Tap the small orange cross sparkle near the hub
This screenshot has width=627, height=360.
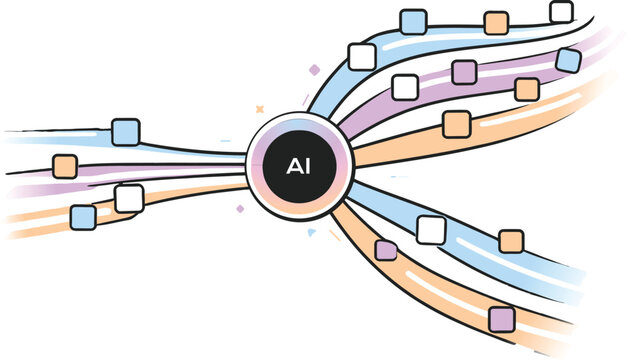[x=259, y=107]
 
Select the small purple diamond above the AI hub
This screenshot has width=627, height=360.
[x=314, y=70]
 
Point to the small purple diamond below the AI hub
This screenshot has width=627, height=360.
[x=240, y=210]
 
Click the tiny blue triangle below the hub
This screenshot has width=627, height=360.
[x=312, y=232]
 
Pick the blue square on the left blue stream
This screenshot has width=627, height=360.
[x=125, y=132]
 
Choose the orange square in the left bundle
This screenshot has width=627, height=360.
[x=65, y=166]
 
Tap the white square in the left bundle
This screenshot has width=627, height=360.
[x=129, y=198]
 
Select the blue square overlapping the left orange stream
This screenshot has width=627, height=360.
[x=83, y=216]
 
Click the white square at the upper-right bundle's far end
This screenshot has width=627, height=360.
[x=562, y=12]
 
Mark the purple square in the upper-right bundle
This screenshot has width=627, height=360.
[x=464, y=72]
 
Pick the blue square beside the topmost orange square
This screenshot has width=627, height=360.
[x=413, y=21]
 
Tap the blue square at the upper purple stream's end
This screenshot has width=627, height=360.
[x=568, y=60]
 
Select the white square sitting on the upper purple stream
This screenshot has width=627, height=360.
[x=405, y=87]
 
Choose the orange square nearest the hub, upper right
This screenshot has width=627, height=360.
[x=456, y=124]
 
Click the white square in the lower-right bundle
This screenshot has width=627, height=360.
[x=431, y=230]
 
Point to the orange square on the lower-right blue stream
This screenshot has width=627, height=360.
[x=511, y=241]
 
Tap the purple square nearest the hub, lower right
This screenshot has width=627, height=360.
[x=386, y=250]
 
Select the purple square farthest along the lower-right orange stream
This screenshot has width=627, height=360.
[x=502, y=319]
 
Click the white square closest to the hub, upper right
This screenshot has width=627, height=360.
[x=362, y=56]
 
